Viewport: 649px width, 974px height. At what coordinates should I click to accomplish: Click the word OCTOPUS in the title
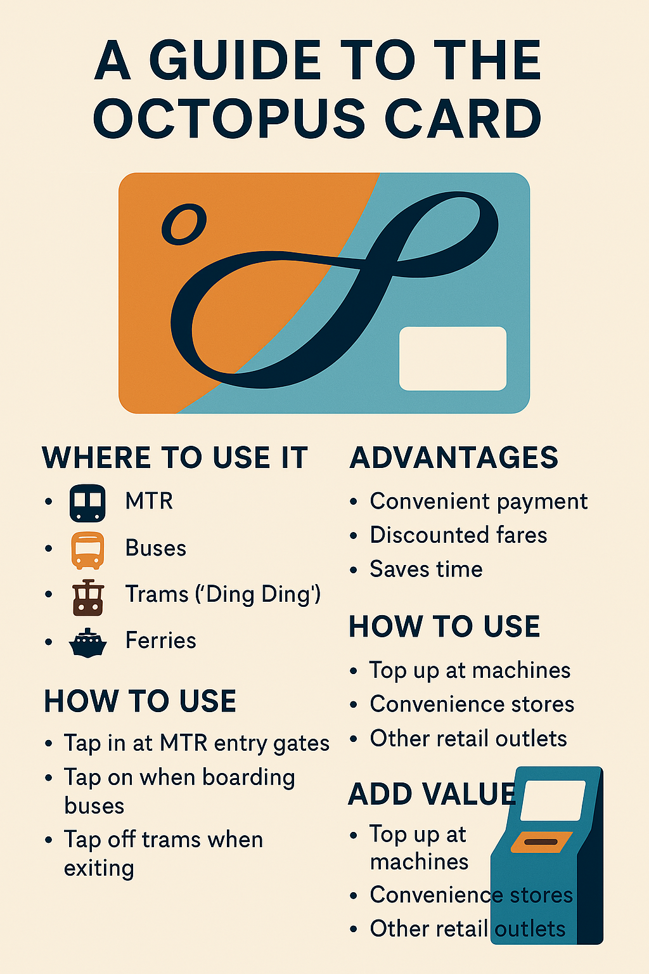229,119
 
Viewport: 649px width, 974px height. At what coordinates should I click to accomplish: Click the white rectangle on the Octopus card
453,358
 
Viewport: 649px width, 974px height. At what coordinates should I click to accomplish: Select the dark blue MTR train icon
87,503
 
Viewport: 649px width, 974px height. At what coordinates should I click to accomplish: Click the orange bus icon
87,550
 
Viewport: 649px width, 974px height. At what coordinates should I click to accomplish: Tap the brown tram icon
88,597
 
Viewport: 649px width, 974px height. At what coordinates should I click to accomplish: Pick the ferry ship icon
87,642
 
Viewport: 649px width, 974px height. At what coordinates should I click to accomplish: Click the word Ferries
161,640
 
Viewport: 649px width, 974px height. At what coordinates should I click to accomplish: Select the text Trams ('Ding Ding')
223,594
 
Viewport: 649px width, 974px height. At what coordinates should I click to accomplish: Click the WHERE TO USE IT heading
175,457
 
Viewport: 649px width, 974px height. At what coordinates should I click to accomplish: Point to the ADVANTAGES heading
454,457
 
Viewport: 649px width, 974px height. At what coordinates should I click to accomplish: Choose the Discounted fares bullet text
459,535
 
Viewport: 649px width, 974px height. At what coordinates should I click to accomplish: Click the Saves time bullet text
426,569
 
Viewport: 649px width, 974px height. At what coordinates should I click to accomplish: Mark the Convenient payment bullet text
479,502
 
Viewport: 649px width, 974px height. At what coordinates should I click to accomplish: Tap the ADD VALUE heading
432,794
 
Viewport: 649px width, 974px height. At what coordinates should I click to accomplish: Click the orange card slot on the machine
542,842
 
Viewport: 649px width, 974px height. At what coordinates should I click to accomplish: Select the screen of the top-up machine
553,800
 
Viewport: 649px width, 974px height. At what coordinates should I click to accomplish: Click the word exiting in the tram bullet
99,869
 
